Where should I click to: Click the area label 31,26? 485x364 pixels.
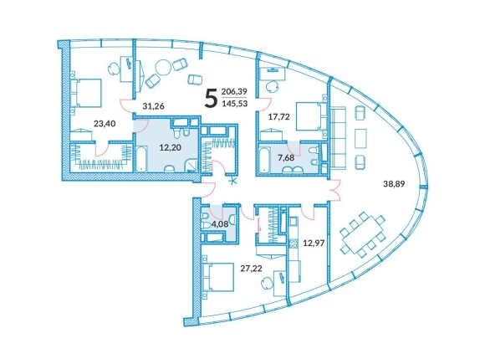(x=153, y=106)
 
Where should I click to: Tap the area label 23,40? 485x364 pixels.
(x=105, y=124)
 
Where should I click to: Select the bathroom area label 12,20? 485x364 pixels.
(x=170, y=147)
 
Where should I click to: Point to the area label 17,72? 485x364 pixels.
(x=279, y=116)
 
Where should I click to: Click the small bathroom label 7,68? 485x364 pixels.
(x=286, y=158)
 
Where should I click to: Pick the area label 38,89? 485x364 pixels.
(x=394, y=184)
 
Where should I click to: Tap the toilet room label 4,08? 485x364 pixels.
(x=220, y=224)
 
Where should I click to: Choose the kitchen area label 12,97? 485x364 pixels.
(x=314, y=243)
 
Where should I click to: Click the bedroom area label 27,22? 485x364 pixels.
(x=251, y=269)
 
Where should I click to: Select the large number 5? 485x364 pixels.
(x=211, y=97)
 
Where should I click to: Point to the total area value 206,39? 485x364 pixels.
(x=234, y=91)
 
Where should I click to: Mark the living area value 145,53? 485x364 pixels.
(x=235, y=104)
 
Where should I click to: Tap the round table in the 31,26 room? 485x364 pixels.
(x=163, y=68)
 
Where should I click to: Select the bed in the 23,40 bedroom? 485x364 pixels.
(x=86, y=93)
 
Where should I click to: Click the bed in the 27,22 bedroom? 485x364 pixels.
(x=217, y=277)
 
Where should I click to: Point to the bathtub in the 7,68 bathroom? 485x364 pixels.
(x=265, y=161)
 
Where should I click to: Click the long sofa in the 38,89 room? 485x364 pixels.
(x=338, y=138)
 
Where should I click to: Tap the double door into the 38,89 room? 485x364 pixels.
(x=336, y=190)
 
